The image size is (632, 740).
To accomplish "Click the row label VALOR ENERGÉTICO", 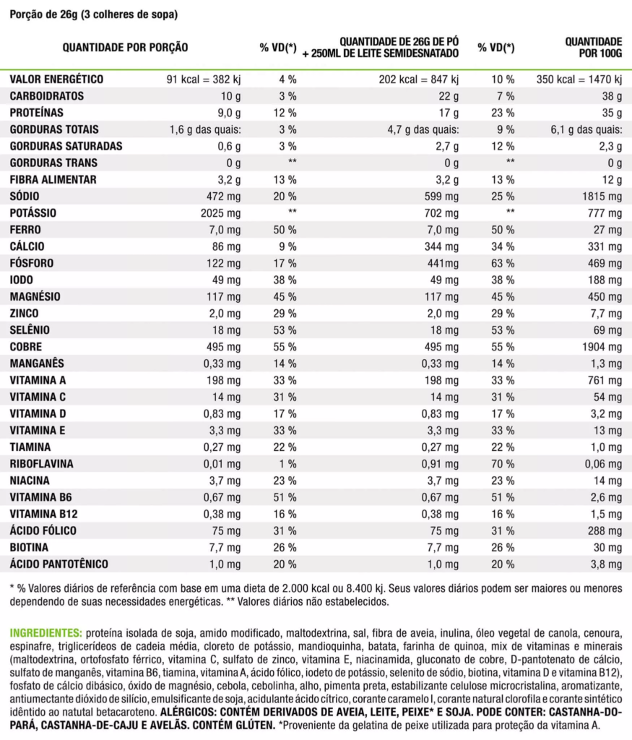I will point(56,79).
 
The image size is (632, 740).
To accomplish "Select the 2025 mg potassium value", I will point(222,213).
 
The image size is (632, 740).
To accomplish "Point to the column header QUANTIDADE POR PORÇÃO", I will point(126,48).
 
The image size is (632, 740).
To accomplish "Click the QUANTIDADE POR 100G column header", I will point(593,48).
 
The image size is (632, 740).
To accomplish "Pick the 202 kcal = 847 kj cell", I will point(419,79).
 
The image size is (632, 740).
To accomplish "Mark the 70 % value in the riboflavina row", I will point(503,463).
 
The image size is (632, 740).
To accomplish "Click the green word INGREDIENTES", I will point(46,632).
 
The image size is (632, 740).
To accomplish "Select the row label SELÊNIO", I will point(30,330).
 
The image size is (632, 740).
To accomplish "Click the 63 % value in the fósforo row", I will point(503,263).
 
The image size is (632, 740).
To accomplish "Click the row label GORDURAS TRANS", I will point(53,163).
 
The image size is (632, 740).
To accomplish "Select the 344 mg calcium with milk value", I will point(443,246).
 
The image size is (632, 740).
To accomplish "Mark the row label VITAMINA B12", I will point(43,514).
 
